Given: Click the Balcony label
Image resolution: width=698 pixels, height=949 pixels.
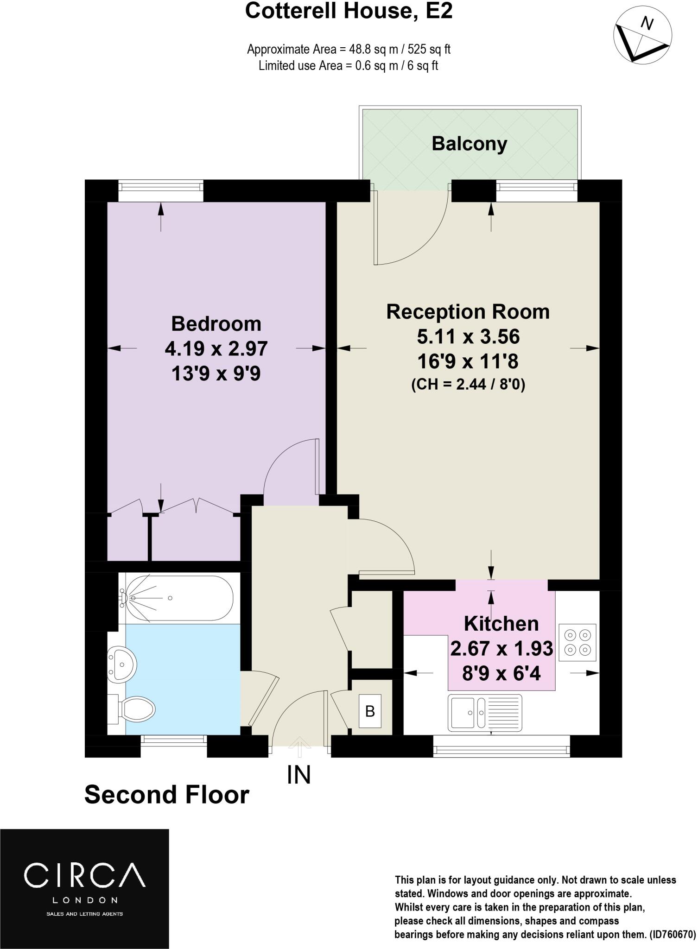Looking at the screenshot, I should coord(469,144).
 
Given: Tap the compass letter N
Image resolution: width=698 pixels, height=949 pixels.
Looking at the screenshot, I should coord(647,23).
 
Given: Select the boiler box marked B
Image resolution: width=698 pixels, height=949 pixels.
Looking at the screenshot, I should coord(369,711).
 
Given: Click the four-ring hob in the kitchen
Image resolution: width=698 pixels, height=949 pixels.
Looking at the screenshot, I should coord(577,642).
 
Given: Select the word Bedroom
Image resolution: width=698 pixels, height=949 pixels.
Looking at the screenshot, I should coord(216,323).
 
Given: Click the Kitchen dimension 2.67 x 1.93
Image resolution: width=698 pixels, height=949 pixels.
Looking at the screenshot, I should coord(501,648).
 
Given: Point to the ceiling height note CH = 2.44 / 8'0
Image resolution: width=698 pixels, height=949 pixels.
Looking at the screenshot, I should coord(468,385).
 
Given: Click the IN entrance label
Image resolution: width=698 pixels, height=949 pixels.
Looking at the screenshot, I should coord(299,775).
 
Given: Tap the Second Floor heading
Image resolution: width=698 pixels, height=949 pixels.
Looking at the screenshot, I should coord(167,794).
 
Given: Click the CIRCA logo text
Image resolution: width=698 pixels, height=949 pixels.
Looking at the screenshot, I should coord(84,875).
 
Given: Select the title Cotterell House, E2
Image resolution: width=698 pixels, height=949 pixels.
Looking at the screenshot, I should coord(349,11).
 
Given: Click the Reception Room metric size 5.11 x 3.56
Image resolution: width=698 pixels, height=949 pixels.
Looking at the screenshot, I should coord(468,336).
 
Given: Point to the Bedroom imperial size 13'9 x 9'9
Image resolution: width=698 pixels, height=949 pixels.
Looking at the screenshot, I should coord(216,373).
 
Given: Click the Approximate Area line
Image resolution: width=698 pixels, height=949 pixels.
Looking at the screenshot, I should coord(349,49).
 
